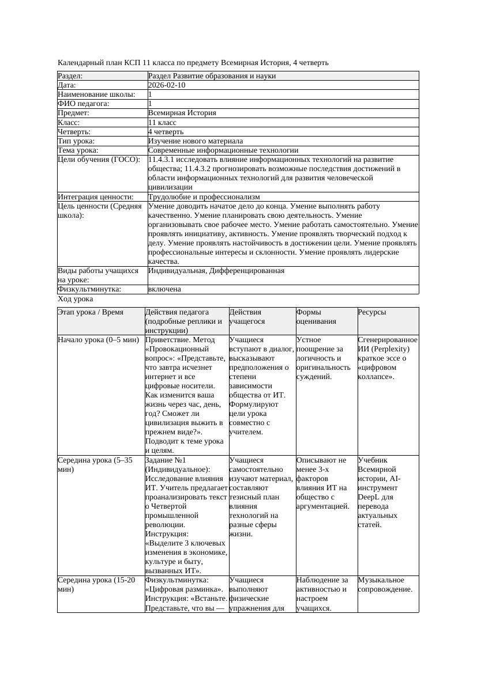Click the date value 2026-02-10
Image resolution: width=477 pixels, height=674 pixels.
[x=167, y=85]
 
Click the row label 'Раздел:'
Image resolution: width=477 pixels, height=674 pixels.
[x=70, y=76]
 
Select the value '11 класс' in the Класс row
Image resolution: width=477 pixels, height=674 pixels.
[x=162, y=123]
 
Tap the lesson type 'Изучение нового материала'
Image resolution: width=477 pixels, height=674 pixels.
[x=196, y=141]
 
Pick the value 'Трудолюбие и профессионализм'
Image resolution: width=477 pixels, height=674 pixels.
[x=204, y=197]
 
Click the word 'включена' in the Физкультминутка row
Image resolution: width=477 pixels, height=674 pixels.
[x=164, y=289]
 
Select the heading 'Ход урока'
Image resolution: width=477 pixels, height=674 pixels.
[x=76, y=299]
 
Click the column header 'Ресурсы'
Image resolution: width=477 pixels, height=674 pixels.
[x=372, y=312]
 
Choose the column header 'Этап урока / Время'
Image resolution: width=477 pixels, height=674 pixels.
[x=91, y=312]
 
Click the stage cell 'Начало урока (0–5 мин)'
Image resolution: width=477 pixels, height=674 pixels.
[x=99, y=340]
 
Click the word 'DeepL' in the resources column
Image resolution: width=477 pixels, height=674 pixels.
[x=368, y=497]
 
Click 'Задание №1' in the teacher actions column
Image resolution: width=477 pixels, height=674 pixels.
[x=166, y=460]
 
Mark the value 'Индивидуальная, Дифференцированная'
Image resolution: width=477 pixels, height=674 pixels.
[x=216, y=271]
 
